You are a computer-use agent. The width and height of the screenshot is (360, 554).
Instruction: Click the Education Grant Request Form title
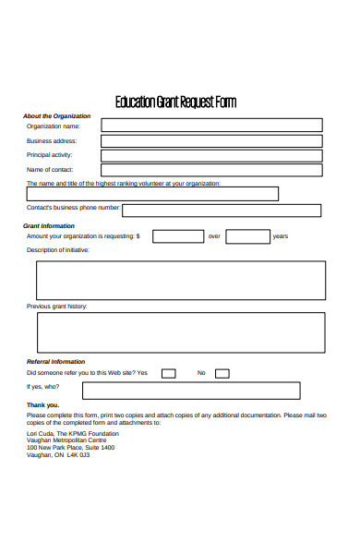click(175, 102)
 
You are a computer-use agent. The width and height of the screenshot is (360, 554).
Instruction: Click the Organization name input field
click(211, 126)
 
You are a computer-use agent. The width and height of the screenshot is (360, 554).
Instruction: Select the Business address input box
click(211, 140)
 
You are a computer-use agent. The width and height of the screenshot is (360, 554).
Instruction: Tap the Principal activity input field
click(211, 155)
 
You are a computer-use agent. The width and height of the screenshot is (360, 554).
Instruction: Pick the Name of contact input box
click(211, 170)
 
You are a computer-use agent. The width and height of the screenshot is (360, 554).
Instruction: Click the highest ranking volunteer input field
click(152, 194)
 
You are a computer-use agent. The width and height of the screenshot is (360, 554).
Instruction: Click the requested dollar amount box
click(178, 236)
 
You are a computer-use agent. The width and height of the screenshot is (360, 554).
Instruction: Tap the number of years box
click(247, 236)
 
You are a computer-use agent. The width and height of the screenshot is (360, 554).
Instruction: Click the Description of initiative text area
click(180, 281)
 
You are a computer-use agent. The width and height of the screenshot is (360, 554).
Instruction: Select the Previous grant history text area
click(180, 332)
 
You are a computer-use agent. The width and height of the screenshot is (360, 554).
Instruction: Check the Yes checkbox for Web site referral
click(168, 374)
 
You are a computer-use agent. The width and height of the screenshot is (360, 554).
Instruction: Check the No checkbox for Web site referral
click(222, 374)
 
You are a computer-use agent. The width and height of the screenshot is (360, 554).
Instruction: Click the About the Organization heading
click(56, 116)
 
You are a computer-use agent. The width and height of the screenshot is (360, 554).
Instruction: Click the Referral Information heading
click(55, 362)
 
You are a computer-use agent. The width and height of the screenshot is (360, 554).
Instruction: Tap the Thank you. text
click(42, 405)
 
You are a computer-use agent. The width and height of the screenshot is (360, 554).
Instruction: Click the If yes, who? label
click(42, 387)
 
